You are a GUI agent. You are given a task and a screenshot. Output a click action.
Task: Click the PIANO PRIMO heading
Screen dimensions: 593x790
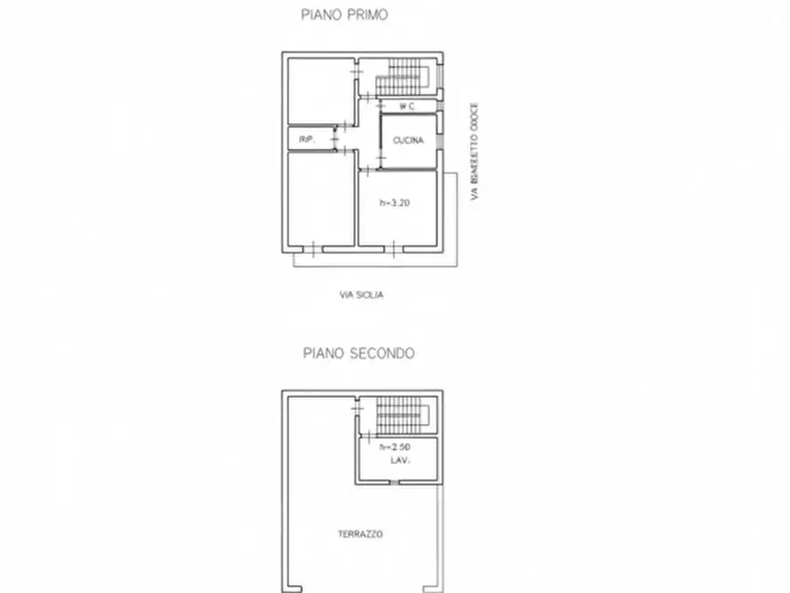click(344, 14)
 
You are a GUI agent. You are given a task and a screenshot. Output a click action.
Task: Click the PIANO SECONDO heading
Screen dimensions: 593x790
click(358, 352)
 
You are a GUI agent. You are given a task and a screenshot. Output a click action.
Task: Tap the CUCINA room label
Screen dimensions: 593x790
click(409, 141)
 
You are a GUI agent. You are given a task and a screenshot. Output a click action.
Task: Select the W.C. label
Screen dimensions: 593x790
click(408, 107)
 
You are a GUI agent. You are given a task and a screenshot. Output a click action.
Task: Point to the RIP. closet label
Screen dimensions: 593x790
click(307, 140)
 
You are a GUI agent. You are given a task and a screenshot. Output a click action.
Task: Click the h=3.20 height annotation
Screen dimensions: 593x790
click(395, 203)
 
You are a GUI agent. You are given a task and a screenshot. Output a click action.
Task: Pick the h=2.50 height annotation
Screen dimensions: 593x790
click(394, 448)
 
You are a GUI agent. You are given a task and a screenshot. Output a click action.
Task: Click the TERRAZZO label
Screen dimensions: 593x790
click(360, 534)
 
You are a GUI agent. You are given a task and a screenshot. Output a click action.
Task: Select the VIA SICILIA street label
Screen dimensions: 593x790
click(362, 295)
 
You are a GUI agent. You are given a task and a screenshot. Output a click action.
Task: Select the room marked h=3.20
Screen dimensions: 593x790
click(397, 221)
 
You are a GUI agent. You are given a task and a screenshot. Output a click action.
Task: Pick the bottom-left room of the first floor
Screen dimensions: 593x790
click(320, 199)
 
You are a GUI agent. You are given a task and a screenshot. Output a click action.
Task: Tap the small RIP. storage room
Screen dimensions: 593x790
click(310, 139)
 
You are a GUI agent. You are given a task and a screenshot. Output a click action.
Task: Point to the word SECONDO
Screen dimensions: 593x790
click(380, 352)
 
